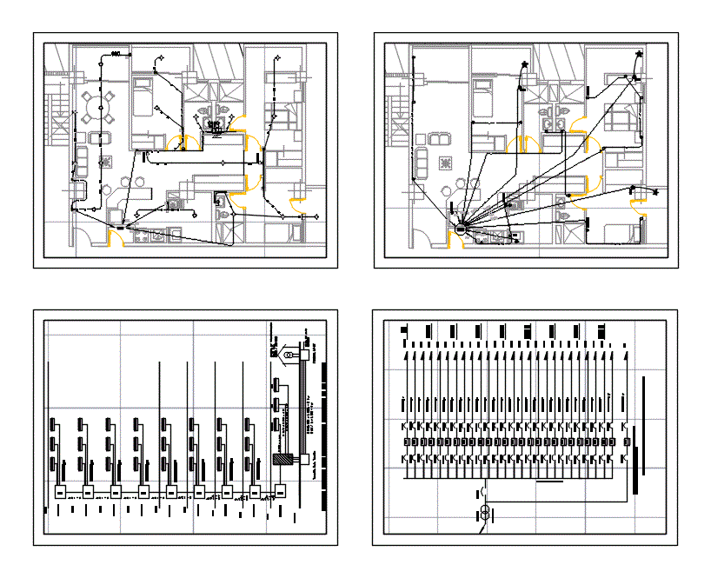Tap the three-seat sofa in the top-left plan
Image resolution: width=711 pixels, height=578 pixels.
(83, 162)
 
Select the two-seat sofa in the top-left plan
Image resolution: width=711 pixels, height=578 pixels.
(100, 138)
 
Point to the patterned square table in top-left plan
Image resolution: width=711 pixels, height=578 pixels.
(106, 162)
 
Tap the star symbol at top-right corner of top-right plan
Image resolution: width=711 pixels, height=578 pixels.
(640, 56)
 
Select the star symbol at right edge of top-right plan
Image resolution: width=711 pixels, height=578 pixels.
(653, 192)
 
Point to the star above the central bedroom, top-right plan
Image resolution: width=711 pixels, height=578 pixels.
(525, 65)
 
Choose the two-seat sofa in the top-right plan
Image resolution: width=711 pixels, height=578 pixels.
(439, 138)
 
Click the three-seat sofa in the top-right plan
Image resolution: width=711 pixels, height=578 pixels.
(422, 162)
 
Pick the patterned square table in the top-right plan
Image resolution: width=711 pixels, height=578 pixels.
(445, 162)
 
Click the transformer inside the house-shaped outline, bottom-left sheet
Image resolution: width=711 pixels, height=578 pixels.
(289, 355)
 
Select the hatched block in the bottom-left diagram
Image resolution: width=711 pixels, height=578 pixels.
(282, 460)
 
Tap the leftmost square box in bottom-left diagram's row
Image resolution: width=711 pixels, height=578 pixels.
(60, 492)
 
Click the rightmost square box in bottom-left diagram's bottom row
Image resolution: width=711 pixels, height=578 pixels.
(282, 492)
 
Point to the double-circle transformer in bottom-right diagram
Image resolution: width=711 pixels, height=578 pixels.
(485, 510)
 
